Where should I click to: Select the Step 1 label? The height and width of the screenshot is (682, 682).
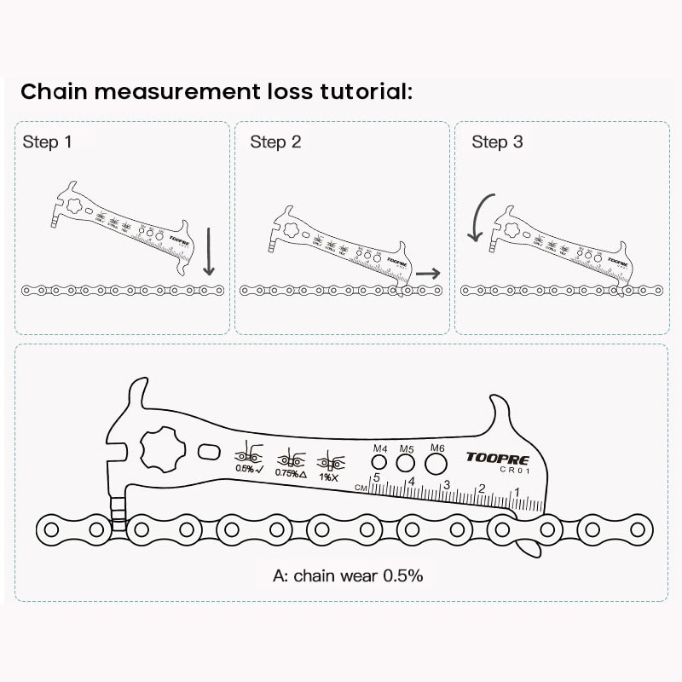47,142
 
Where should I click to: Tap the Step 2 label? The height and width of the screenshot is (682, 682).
275,142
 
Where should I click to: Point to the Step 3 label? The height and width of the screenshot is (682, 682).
497,142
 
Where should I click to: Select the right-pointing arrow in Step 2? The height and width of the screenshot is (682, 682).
428,274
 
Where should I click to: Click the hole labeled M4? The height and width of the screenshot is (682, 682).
380,463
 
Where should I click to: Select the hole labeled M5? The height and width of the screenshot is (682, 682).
406,463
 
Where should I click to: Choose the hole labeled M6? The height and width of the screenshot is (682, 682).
436,464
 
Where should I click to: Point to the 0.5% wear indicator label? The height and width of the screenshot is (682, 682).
248,469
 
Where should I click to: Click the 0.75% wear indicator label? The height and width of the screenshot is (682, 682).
290,472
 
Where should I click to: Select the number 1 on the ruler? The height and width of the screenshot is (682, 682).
517,492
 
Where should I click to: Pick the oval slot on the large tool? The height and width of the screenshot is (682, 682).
210,451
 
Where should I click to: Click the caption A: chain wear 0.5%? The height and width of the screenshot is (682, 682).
348,575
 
